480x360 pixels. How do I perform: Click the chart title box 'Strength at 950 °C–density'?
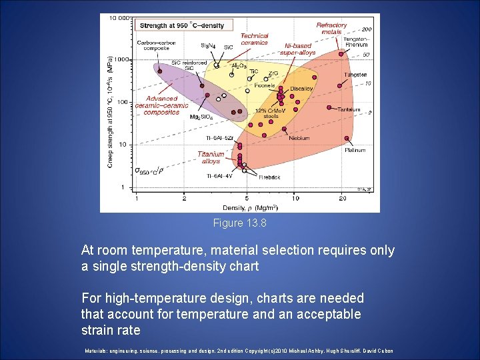tap(184, 25)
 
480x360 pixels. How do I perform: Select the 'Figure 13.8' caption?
tap(239, 223)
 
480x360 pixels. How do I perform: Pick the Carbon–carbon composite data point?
tap(159, 71)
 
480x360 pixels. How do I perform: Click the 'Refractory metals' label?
tap(331, 28)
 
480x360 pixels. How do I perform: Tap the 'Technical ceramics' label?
tap(254, 39)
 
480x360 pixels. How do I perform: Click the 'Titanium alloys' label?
tap(211, 157)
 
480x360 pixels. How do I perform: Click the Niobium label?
tap(299, 139)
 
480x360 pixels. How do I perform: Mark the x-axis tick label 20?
tap(342, 198)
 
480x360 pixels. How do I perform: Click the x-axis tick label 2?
tap(185, 198)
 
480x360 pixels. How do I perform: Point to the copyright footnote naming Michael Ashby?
tap(239, 351)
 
